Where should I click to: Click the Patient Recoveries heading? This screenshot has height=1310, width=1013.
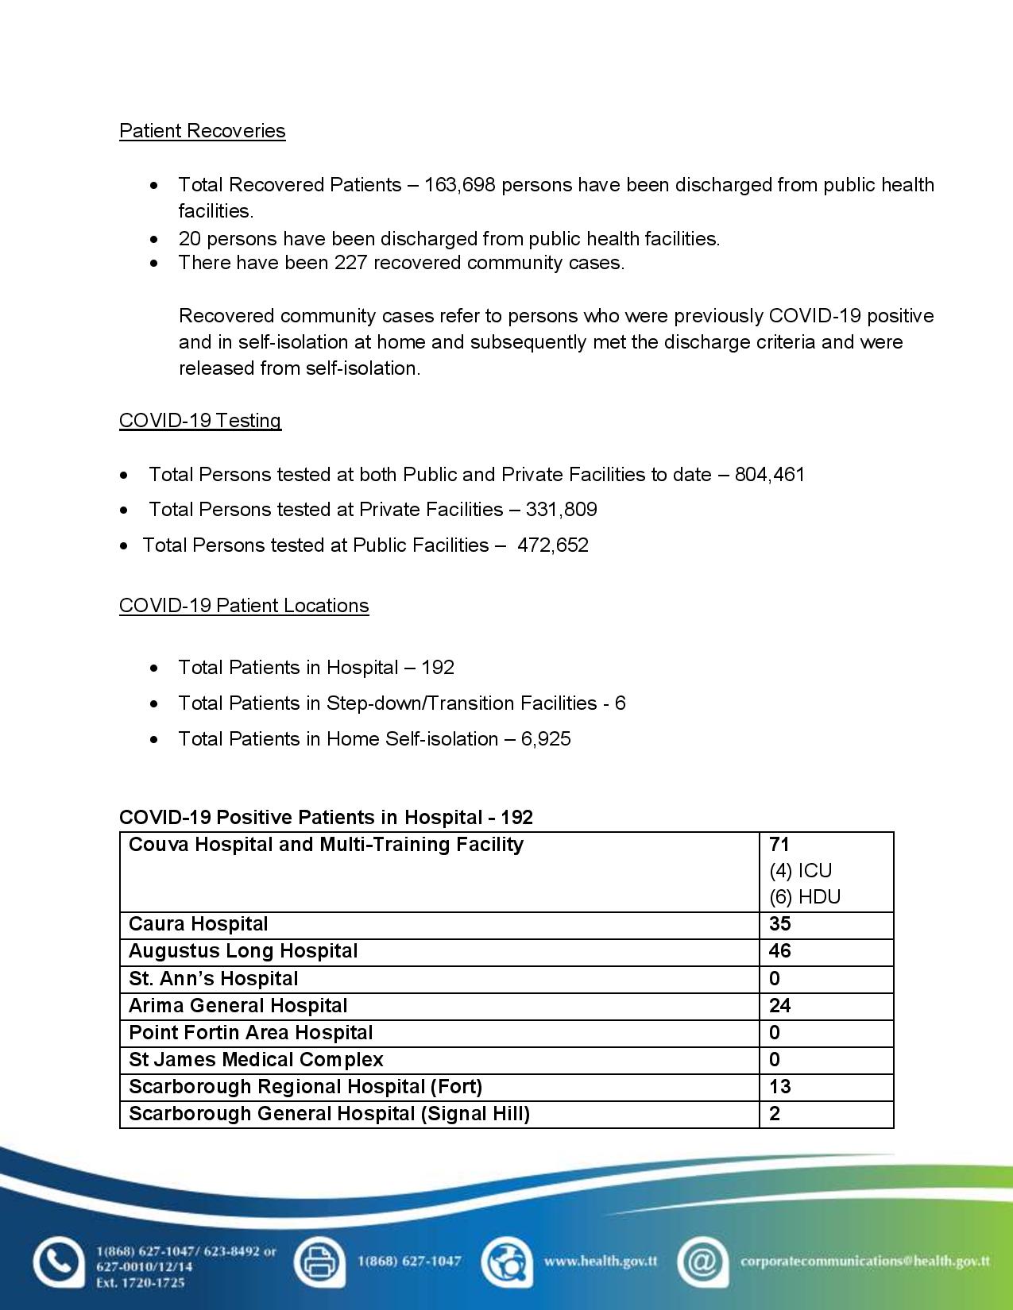tap(202, 131)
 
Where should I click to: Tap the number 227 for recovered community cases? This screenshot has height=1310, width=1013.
tap(350, 263)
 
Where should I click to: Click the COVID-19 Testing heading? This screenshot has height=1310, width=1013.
tap(200, 421)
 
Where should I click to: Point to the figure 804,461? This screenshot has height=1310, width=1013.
tap(770, 475)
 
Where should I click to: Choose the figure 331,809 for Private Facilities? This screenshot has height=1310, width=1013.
tap(561, 510)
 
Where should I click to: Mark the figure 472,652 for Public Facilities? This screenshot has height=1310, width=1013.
tap(553, 545)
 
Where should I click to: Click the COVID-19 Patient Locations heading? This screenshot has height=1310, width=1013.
tap(244, 606)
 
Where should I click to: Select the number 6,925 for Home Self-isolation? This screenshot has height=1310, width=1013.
tap(546, 739)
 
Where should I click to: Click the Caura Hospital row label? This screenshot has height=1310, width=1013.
tap(199, 924)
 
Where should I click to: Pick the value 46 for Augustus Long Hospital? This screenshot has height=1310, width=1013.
tap(780, 951)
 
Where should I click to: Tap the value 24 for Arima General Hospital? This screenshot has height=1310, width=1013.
tap(780, 1006)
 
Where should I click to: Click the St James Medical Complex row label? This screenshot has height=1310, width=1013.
tap(256, 1060)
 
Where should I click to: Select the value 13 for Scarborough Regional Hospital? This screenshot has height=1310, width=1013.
tap(779, 1087)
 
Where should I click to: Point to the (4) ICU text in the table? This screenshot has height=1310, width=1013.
tap(800, 871)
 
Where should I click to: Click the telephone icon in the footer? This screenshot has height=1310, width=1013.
tap(58, 1262)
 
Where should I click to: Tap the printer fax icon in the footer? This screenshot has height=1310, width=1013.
tap(319, 1262)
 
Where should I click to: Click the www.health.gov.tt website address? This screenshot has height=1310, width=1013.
tap(600, 1261)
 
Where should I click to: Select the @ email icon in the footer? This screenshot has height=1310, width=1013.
tap(702, 1262)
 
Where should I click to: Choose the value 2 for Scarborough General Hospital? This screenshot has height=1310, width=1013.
tap(775, 1114)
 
